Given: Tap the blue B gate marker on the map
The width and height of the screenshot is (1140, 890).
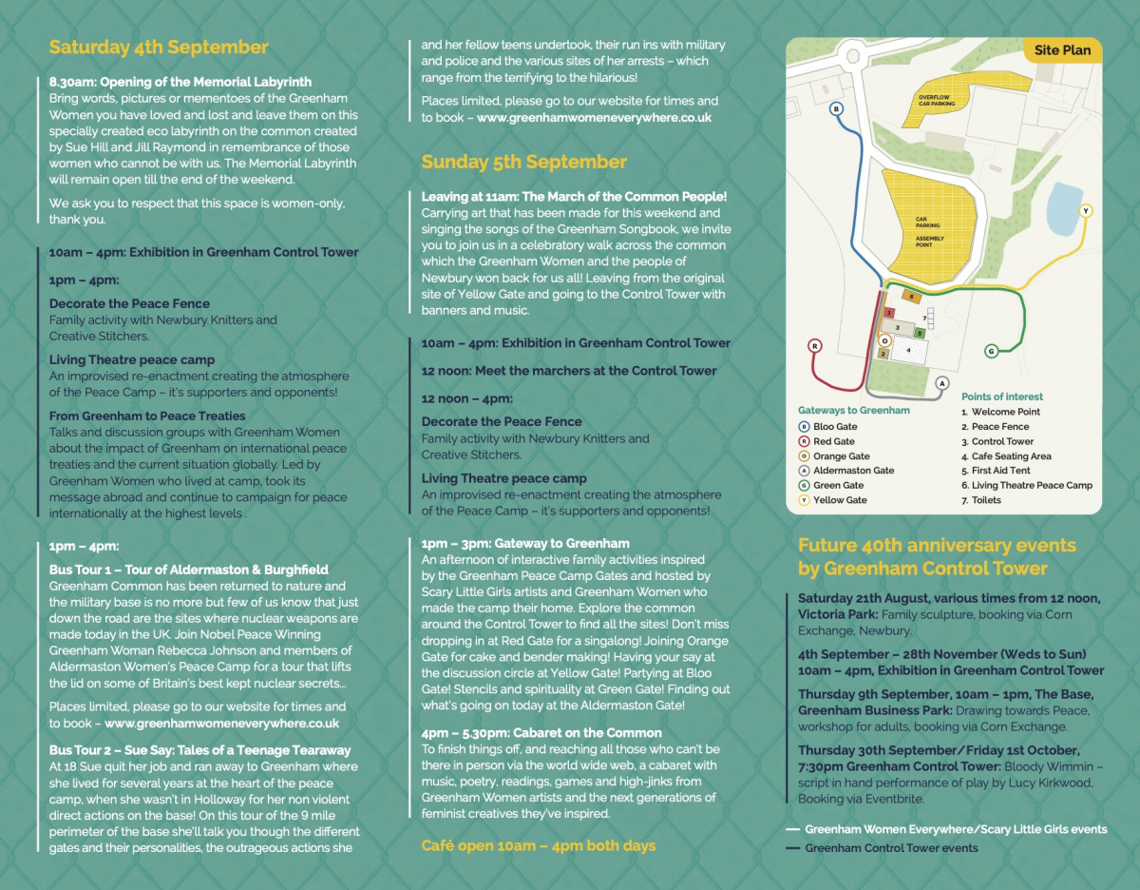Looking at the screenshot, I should pyautogui.click(x=837, y=109).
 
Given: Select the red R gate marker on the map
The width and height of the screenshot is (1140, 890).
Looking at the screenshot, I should pyautogui.click(x=814, y=346).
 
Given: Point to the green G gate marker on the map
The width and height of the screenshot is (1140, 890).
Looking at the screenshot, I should pyautogui.click(x=991, y=351).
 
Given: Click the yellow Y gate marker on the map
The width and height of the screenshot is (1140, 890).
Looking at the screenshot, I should pyautogui.click(x=1086, y=210).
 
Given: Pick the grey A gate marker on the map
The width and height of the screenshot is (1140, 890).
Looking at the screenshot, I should pyautogui.click(x=941, y=383).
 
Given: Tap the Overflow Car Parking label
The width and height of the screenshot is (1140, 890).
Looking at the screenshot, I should pyautogui.click(x=936, y=100).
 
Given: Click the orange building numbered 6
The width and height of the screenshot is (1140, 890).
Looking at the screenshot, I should pyautogui.click(x=910, y=297).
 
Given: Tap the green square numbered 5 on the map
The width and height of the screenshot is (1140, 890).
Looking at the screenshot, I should pyautogui.click(x=919, y=333).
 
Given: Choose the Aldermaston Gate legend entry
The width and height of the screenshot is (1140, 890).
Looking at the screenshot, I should pyautogui.click(x=853, y=471).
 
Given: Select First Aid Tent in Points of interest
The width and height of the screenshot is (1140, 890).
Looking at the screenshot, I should pyautogui.click(x=1000, y=471).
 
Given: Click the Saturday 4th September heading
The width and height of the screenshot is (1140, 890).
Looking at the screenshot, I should pyautogui.click(x=159, y=48).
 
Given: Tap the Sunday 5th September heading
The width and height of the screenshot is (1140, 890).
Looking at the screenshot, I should pyautogui.click(x=524, y=162).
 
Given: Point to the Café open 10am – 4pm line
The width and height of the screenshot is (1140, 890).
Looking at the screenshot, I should pyautogui.click(x=538, y=845).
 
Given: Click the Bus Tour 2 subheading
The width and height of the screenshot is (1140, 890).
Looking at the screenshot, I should pyautogui.click(x=199, y=750).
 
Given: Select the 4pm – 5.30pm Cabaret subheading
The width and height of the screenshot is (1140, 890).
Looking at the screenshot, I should pyautogui.click(x=541, y=732).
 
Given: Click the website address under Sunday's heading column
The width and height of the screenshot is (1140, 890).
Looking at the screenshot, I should pyautogui.click(x=594, y=118).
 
